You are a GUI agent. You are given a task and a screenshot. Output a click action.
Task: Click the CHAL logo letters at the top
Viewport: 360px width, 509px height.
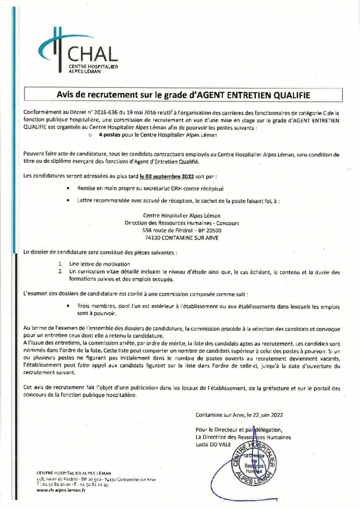93,54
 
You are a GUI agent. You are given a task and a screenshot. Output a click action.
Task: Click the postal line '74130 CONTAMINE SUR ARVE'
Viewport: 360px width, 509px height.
181,238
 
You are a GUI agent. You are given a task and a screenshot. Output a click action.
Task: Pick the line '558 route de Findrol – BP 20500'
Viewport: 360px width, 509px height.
181,231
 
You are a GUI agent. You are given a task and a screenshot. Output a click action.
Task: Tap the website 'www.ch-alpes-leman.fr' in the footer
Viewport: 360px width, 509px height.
61,490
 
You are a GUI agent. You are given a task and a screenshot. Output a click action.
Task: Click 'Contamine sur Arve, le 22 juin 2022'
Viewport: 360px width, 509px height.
240,414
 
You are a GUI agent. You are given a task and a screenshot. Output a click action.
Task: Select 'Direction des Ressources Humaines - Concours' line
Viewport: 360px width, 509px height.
181,223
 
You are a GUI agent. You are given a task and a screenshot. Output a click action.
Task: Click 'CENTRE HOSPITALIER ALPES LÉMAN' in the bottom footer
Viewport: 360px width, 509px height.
74,472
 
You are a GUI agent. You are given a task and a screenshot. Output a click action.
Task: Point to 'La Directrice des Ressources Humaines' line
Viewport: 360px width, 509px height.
243,437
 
